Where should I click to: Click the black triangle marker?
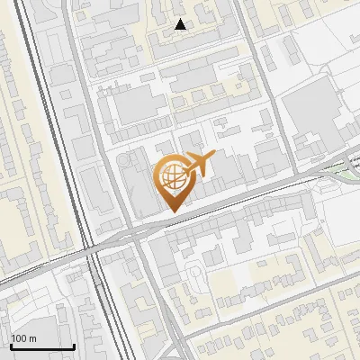tap(181, 24)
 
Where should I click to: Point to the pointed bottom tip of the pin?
tap(172, 211)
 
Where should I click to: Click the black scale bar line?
tap(41, 346)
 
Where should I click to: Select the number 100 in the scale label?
tap(20, 338)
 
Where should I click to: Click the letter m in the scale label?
tap(33, 338)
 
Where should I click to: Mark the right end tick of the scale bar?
tap(74, 345)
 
